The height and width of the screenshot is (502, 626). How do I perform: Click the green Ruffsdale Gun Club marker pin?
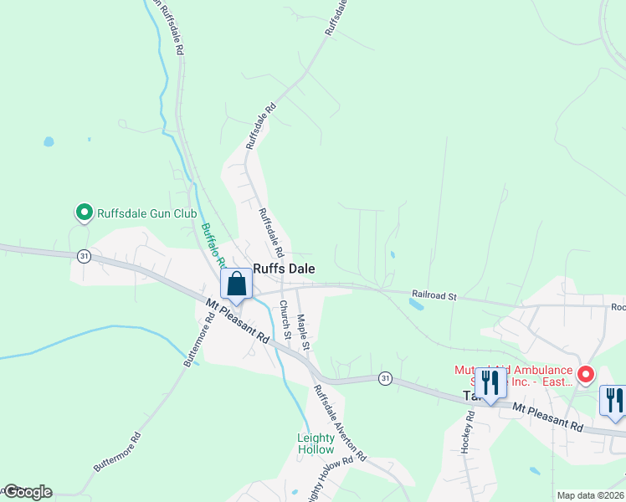pyautogui.click(x=84, y=213)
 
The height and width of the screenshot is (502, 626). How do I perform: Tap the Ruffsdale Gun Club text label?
pyautogui.click(x=146, y=213)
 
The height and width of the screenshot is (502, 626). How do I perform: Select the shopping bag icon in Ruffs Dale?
pyautogui.click(x=237, y=284)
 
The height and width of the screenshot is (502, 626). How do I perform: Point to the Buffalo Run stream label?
pyautogui.click(x=213, y=243)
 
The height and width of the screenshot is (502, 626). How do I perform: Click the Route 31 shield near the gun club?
pyautogui.click(x=83, y=255)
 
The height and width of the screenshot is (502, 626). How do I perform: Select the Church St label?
pyautogui.click(x=285, y=320)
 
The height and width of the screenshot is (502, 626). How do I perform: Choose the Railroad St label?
pyautogui.click(x=434, y=295)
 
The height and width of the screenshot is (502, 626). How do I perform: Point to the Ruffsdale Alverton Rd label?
pyautogui.click(x=340, y=423)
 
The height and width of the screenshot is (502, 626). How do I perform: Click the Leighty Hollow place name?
pyautogui.click(x=316, y=443)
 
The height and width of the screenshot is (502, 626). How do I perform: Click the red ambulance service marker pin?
pyautogui.click(x=586, y=374)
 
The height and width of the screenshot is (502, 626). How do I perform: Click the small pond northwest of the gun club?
pyautogui.click(x=49, y=141)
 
